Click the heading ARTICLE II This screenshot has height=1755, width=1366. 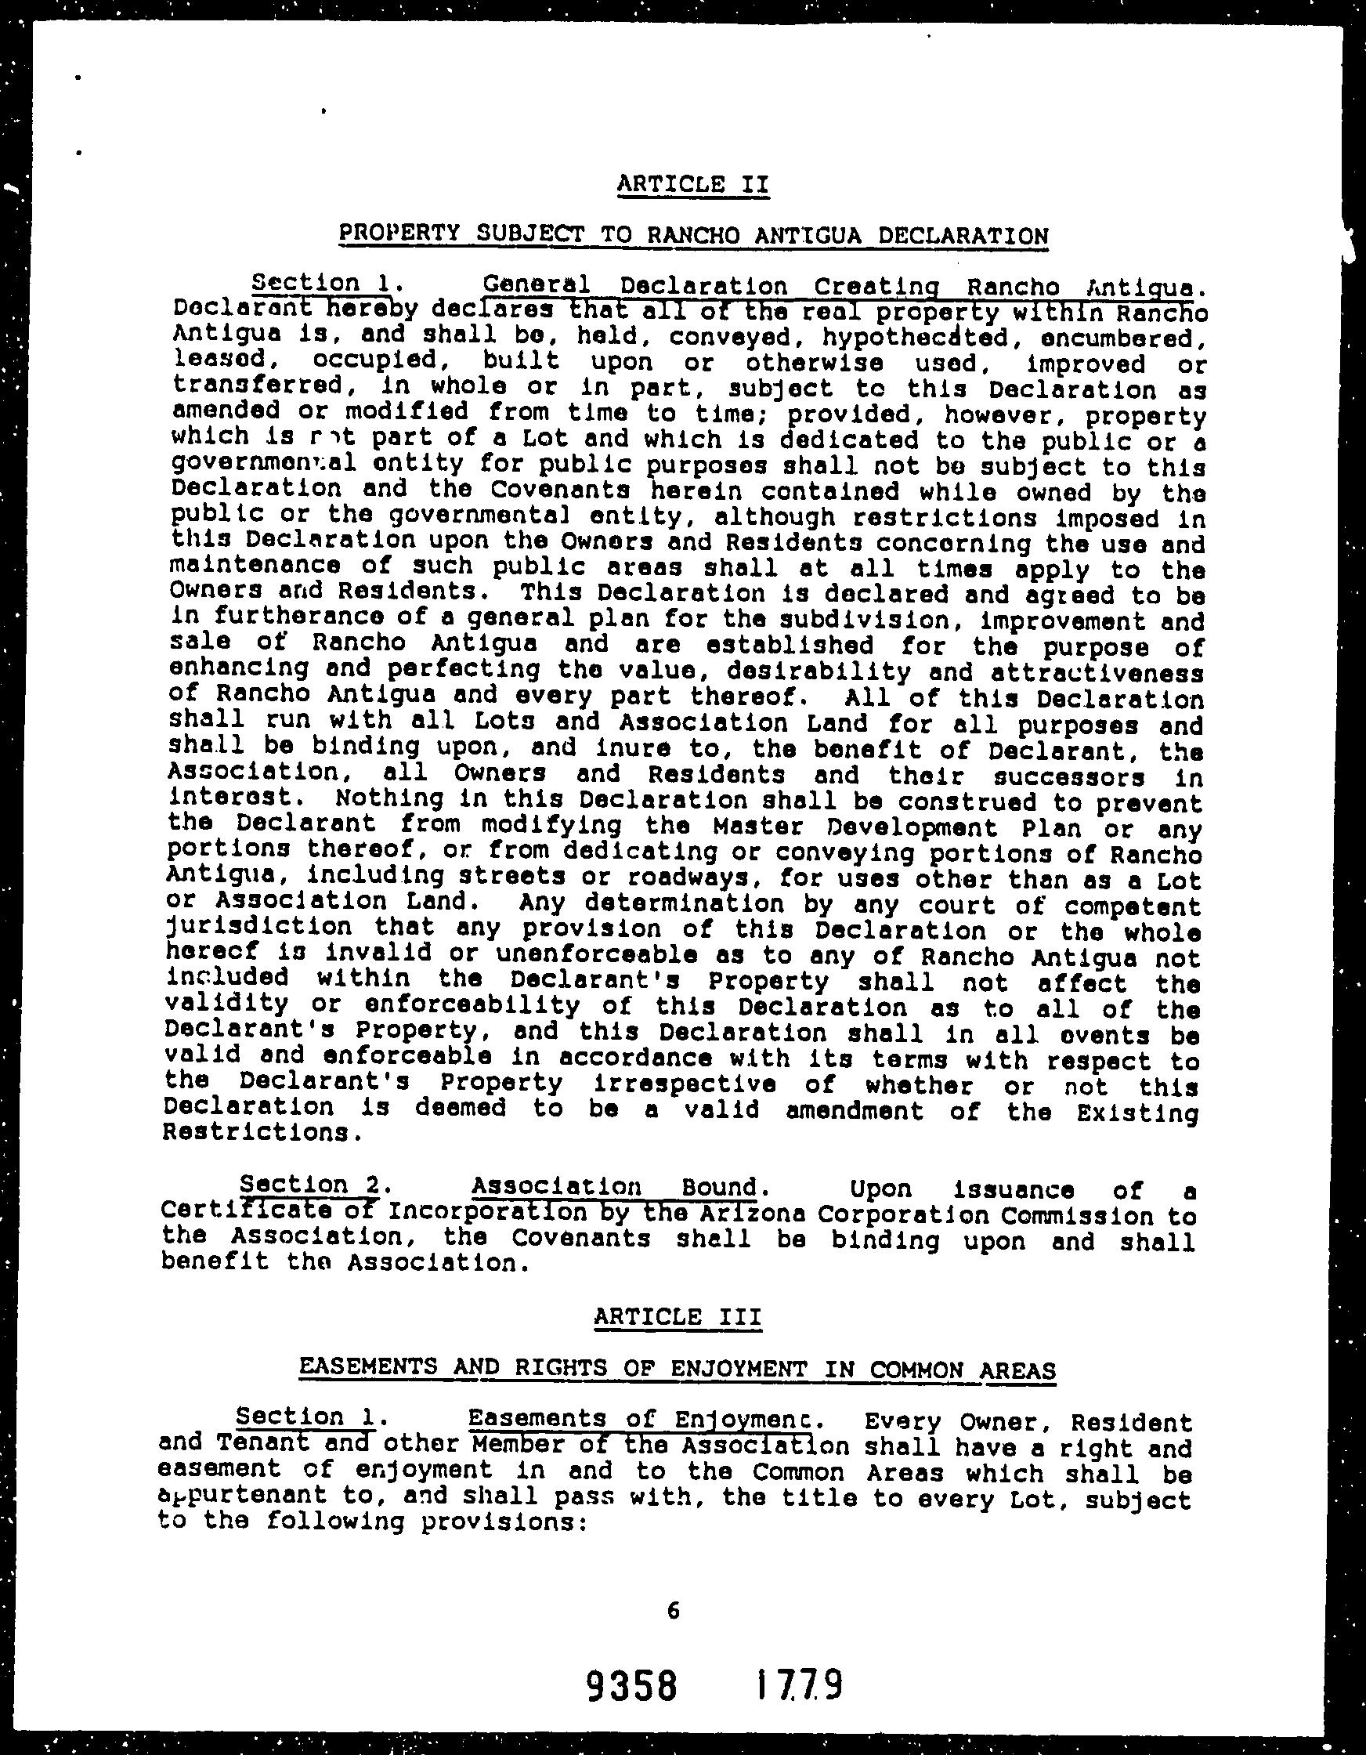pyautogui.click(x=692, y=184)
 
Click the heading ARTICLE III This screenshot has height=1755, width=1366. pyautogui.click(x=677, y=1316)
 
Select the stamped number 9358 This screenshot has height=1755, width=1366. pyautogui.click(x=631, y=1685)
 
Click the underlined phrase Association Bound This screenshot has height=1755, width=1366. pyautogui.click(x=615, y=1186)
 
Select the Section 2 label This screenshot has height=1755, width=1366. pyautogui.click(x=314, y=1185)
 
